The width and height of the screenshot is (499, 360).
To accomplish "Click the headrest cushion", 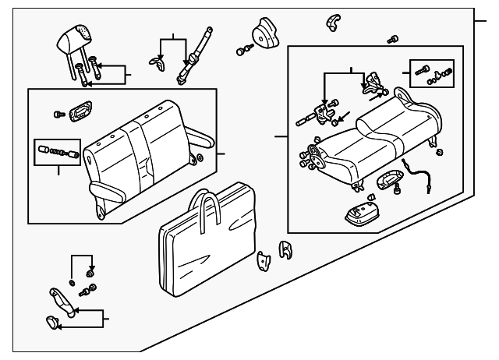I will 77,37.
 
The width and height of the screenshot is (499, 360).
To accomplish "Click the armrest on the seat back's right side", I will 198,140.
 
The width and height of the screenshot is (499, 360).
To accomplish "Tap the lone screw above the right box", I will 392,39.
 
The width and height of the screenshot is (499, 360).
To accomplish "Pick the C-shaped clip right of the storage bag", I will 286,250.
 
